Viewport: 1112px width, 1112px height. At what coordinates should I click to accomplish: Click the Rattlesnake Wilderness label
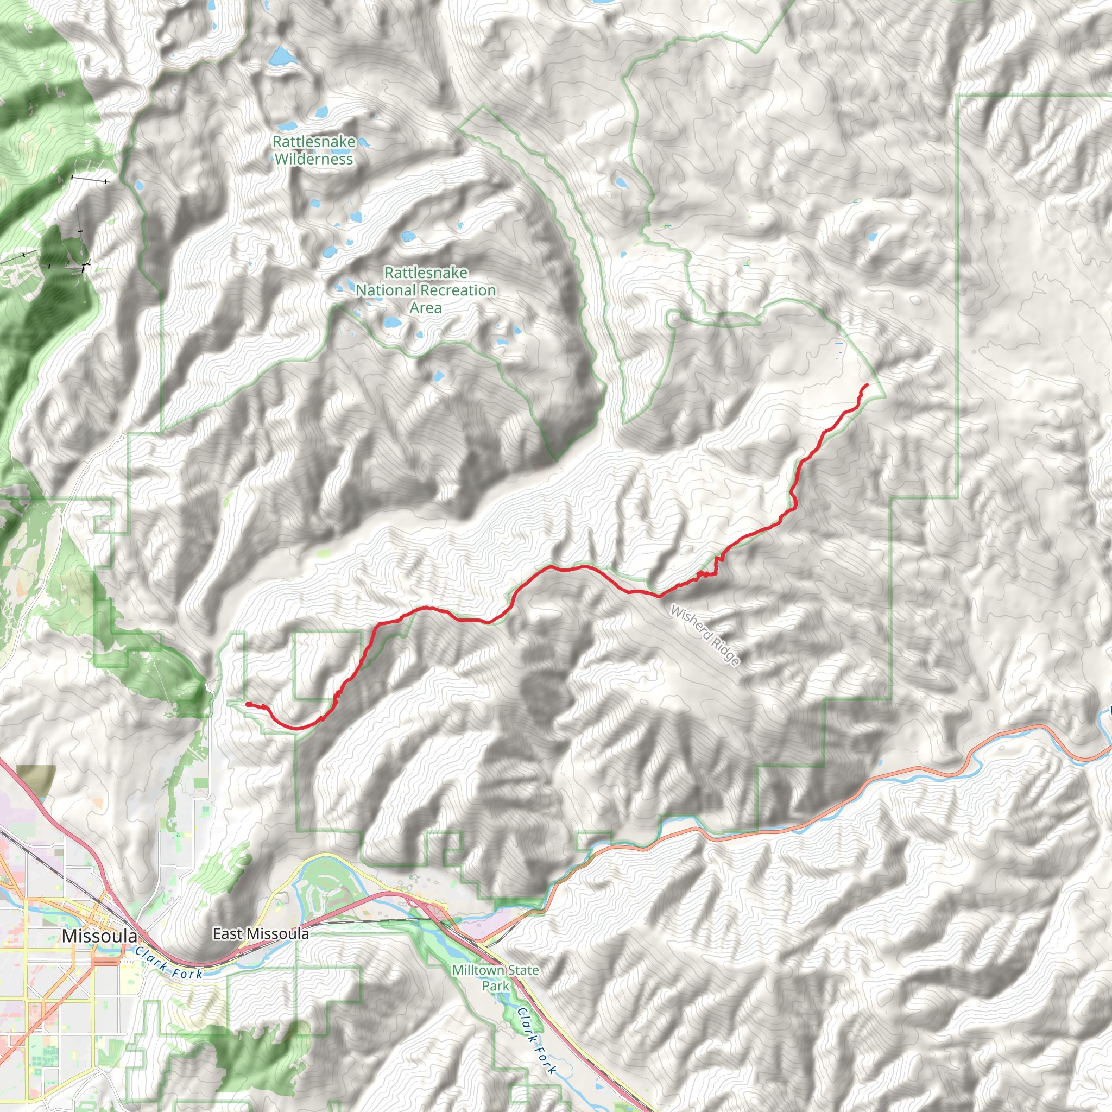point(314,150)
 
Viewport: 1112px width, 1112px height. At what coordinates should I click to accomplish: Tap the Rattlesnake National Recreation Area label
point(426,290)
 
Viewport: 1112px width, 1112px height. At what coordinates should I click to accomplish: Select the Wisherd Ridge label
point(705,635)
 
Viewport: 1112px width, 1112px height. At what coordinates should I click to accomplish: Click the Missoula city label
point(99,936)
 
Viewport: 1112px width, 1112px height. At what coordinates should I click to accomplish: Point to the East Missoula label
point(260,933)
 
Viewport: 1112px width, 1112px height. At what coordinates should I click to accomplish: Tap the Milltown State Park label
point(496,977)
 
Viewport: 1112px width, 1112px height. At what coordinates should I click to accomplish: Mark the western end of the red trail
point(248,704)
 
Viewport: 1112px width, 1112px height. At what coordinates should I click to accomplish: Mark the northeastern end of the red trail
point(867,384)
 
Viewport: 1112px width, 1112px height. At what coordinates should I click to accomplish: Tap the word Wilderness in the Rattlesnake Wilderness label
point(314,159)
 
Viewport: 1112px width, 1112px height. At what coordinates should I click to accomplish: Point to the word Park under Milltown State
point(496,986)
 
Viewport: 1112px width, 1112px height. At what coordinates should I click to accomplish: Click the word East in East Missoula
point(228,933)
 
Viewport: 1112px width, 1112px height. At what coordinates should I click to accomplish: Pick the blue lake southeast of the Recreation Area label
point(439,376)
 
